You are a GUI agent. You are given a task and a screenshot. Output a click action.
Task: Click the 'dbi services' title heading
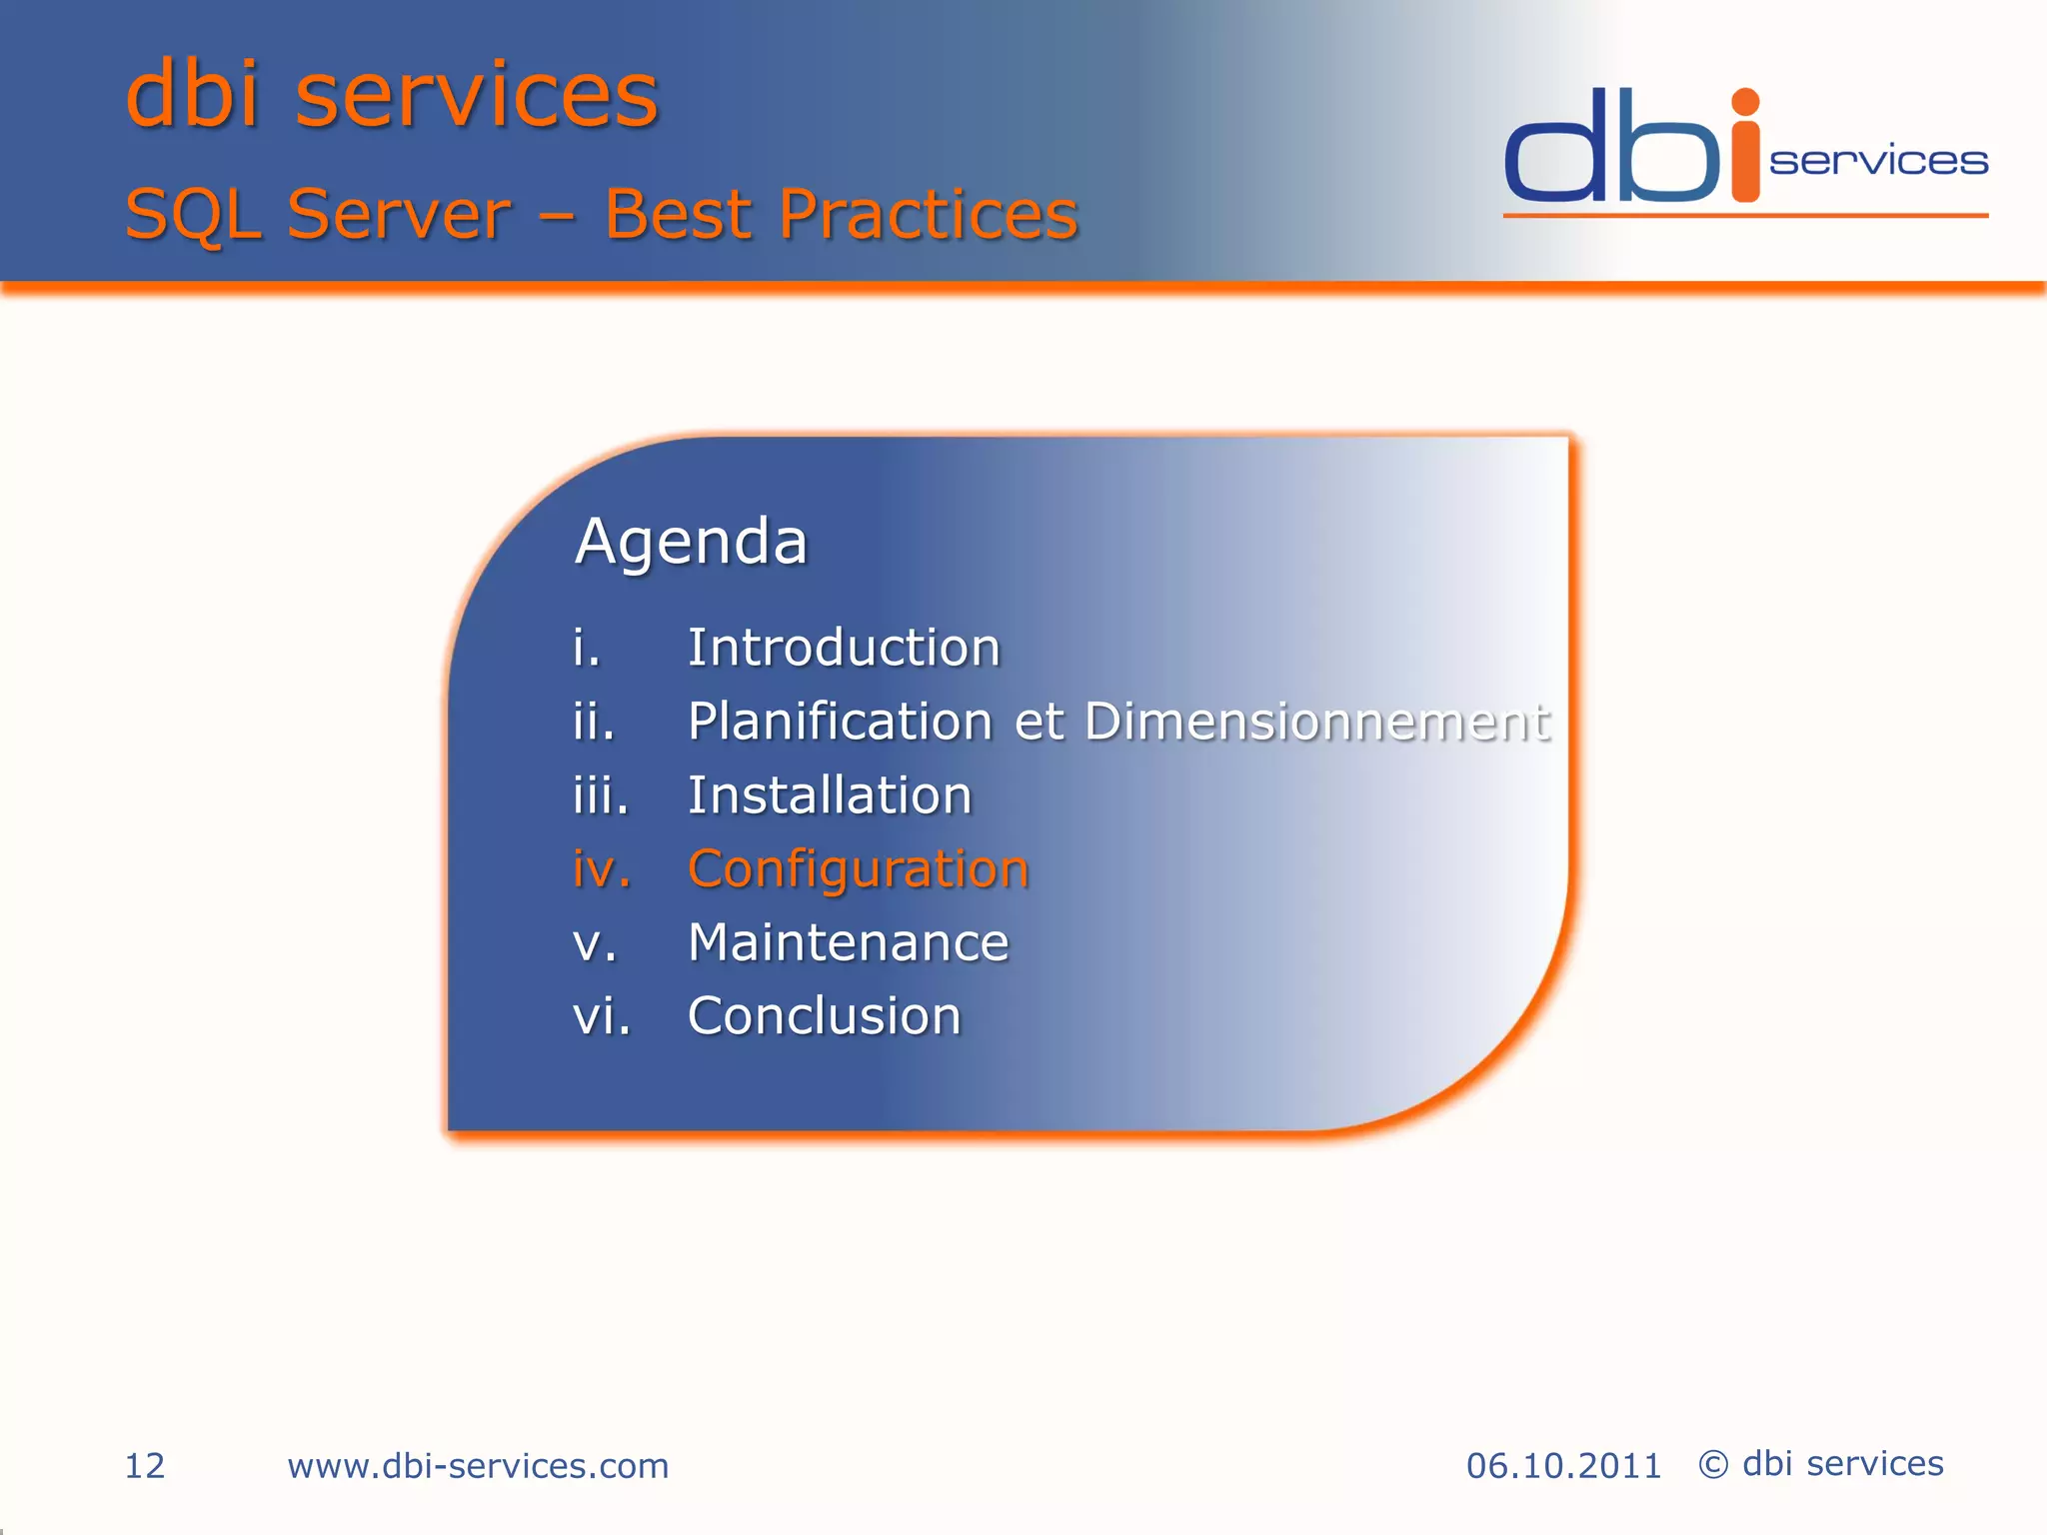(392, 95)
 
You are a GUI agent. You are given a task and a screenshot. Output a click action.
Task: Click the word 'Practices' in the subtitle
(929, 214)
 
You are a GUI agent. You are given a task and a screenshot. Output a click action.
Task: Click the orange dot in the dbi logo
(1745, 102)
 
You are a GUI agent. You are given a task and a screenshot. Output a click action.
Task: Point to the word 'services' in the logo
(1878, 162)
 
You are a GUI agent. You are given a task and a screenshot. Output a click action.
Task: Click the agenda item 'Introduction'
(844, 648)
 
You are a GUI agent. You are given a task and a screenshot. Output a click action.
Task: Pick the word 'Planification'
(840, 721)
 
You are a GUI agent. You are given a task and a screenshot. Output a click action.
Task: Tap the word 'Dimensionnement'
(1317, 721)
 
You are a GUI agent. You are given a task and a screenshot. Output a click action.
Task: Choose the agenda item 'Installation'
(830, 795)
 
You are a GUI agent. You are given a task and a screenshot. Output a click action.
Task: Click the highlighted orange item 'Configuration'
(858, 868)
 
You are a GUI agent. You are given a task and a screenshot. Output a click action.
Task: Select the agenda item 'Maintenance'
(849, 942)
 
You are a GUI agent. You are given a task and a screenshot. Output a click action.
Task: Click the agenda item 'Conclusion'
(825, 1016)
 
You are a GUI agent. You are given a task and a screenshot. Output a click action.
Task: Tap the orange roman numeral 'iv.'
(602, 868)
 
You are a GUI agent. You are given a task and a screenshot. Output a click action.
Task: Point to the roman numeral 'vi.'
(602, 1016)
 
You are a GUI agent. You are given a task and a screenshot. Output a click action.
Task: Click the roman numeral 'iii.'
(601, 795)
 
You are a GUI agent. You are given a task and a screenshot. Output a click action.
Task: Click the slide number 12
(144, 1466)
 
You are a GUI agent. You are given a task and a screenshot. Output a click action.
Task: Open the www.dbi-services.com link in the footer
(478, 1466)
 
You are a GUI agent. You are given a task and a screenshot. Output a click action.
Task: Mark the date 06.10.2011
(1563, 1466)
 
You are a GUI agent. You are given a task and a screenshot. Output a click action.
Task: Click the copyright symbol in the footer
(1713, 1465)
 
